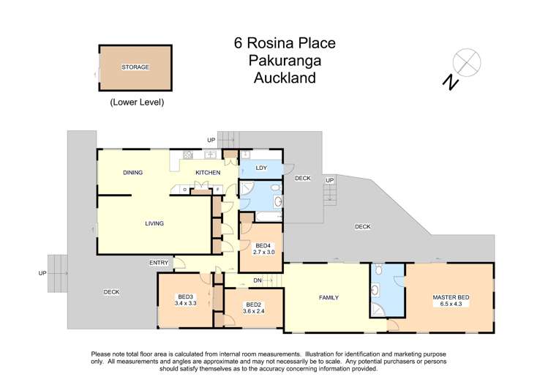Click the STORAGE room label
[x=135, y=67]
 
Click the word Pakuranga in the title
[x=274, y=61]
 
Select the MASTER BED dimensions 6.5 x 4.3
[x=450, y=305]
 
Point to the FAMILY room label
[x=331, y=298]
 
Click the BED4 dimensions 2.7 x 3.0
[x=263, y=251]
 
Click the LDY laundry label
[x=262, y=168]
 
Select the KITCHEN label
[x=207, y=173]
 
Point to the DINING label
[x=132, y=173]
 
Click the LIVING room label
[x=154, y=223]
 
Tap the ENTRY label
[x=159, y=263]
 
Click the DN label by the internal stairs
[x=258, y=280]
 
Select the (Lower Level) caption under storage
[x=137, y=102]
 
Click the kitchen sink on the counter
[x=210, y=154]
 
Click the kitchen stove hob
[x=188, y=154]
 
